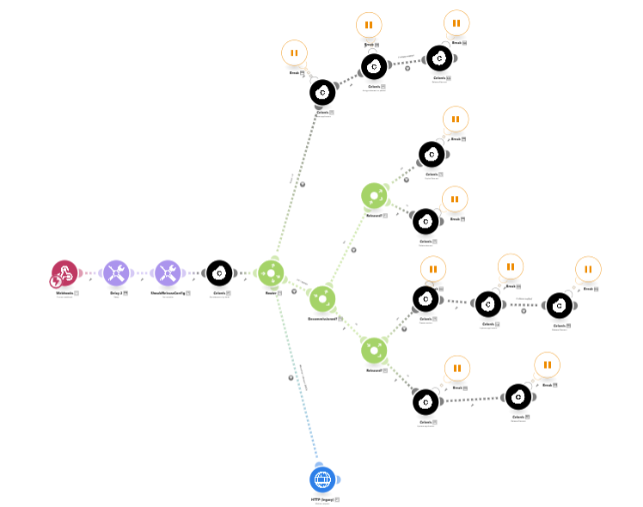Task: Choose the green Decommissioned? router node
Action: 321,298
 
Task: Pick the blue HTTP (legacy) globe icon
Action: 322,479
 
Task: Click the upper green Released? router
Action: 374,195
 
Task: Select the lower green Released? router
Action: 374,350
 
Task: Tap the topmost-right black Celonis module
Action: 439,58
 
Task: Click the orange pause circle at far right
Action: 588,269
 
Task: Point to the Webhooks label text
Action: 64,293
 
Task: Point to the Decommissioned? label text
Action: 320,319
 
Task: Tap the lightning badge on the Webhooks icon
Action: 57,281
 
